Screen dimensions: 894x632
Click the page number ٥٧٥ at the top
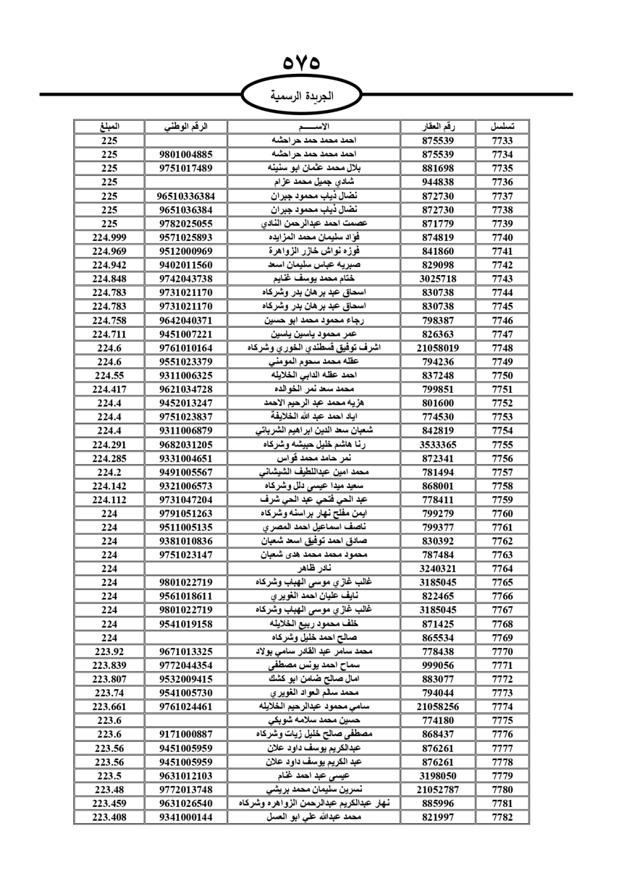301,63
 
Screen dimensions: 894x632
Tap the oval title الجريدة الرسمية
301,97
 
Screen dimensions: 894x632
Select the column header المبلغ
109,126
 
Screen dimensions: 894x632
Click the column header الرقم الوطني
186,126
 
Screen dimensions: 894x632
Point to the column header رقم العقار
438,126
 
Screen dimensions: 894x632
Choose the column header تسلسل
502,126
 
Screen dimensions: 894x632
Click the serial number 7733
502,141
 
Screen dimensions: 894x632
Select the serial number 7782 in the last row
502,817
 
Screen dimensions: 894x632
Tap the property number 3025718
438,279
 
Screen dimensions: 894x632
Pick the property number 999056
438,665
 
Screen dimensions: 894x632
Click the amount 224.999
109,238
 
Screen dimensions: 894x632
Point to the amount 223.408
109,817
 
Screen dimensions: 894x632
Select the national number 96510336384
186,196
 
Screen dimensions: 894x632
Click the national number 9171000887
186,734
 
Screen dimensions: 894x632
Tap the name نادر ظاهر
314,568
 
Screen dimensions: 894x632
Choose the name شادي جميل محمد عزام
314,182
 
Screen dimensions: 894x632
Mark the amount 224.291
109,444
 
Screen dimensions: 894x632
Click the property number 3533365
438,444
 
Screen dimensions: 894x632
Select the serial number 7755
502,444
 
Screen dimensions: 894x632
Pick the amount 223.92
109,651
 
